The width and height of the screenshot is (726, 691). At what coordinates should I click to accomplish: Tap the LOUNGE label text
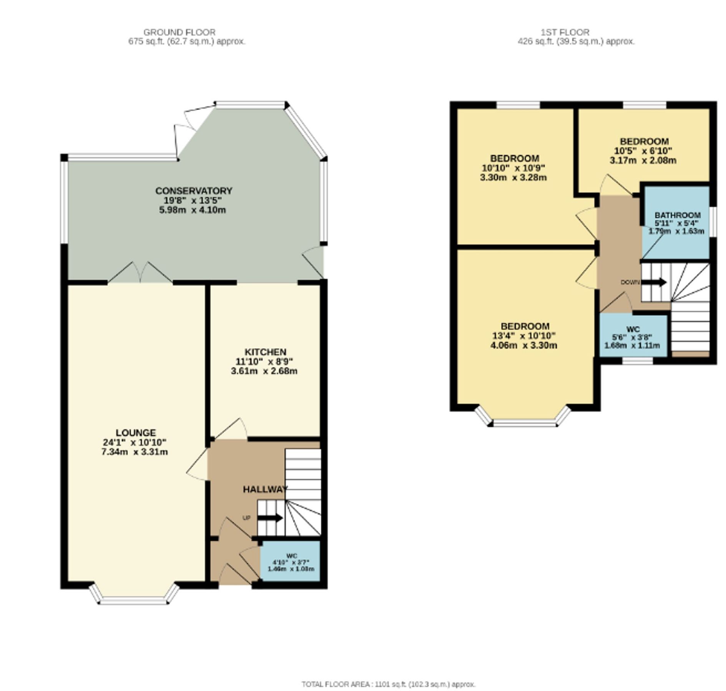click(136, 433)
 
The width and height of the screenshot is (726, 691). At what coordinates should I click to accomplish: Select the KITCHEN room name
click(265, 352)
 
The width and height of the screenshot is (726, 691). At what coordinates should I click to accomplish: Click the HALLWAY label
click(265, 489)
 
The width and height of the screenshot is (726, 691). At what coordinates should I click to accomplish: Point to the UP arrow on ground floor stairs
click(270, 518)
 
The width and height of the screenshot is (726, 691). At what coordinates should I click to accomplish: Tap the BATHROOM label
click(677, 215)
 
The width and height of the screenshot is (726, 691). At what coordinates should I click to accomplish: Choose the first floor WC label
click(633, 329)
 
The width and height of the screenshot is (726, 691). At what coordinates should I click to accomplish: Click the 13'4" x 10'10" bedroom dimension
click(524, 336)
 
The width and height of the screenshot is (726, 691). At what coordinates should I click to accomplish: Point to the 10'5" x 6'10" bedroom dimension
click(643, 151)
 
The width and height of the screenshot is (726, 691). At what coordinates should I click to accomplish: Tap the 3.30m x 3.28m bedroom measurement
click(513, 178)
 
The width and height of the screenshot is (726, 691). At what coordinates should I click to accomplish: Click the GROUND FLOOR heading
click(179, 32)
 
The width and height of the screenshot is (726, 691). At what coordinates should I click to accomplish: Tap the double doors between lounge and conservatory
click(140, 273)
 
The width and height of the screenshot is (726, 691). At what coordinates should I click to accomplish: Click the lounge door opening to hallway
click(198, 465)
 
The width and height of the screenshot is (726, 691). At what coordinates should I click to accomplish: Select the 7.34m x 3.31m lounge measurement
click(134, 452)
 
